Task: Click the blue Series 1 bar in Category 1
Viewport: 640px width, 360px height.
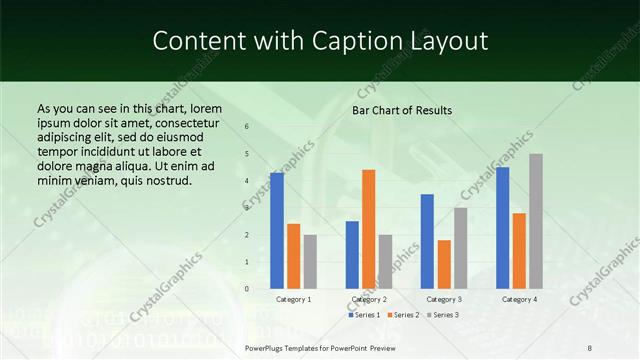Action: (277, 231)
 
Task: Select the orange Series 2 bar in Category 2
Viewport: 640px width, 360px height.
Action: (369, 229)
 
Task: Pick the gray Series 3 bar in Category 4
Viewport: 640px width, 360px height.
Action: (536, 221)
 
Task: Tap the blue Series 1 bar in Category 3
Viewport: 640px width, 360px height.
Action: (427, 241)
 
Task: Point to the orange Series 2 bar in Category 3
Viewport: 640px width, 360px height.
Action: (444, 264)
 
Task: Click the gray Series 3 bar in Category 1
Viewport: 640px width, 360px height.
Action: (310, 262)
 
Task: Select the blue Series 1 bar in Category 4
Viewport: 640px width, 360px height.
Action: (502, 228)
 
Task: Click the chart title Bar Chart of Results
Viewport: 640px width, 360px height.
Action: (402, 110)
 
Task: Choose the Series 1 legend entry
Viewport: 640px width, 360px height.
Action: (364, 315)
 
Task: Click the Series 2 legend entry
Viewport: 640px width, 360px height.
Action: (403, 315)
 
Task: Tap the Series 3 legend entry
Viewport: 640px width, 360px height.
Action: (442, 315)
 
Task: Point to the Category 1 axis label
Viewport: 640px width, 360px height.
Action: (294, 299)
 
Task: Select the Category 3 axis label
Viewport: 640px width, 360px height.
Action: (443, 299)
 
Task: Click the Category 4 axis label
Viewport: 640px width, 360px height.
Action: (519, 299)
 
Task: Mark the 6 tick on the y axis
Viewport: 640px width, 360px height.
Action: (247, 127)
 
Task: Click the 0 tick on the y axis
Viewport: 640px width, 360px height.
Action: (247, 289)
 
